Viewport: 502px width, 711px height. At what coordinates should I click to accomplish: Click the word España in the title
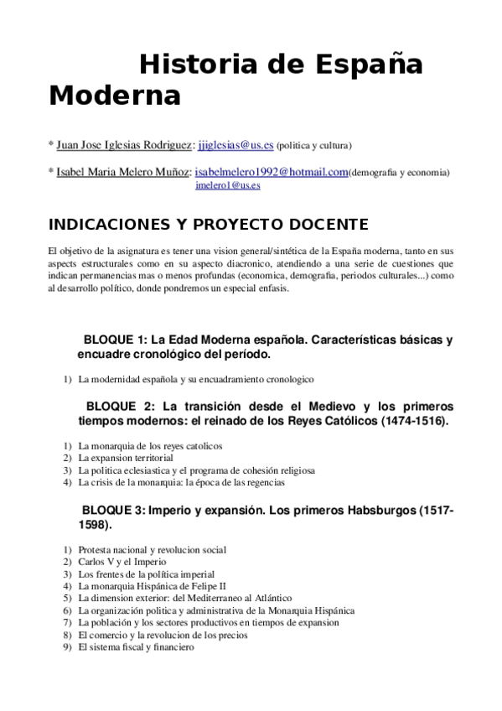pyautogui.click(x=368, y=65)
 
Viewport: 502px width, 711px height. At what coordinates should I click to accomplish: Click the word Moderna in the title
pyautogui.click(x=115, y=96)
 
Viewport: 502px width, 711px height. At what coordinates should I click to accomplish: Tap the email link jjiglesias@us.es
pyautogui.click(x=235, y=144)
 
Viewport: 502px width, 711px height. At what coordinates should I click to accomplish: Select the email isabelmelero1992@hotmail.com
pyautogui.click(x=271, y=172)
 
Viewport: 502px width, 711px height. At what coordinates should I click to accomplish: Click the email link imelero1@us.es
pyautogui.click(x=227, y=185)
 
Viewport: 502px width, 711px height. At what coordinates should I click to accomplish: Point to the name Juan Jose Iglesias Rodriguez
pyautogui.click(x=125, y=144)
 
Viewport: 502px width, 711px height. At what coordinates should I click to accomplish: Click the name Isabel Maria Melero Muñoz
pyautogui.click(x=123, y=173)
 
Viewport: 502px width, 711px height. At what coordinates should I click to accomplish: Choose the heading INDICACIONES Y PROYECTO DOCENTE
pyautogui.click(x=208, y=225)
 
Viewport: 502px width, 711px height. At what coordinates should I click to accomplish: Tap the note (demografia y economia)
pyautogui.click(x=399, y=173)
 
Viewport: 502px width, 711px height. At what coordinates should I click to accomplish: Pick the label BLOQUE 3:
pyautogui.click(x=114, y=511)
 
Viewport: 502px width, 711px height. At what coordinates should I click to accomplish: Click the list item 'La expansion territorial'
pyautogui.click(x=126, y=459)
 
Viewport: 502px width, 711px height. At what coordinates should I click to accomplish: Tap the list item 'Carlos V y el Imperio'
pyautogui.click(x=122, y=562)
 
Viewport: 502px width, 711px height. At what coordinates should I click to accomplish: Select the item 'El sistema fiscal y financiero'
pyautogui.click(x=136, y=647)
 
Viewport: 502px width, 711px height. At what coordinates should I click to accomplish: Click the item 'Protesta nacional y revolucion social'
pyautogui.click(x=152, y=550)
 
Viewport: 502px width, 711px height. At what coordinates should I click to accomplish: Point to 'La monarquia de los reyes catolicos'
pyautogui.click(x=150, y=446)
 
